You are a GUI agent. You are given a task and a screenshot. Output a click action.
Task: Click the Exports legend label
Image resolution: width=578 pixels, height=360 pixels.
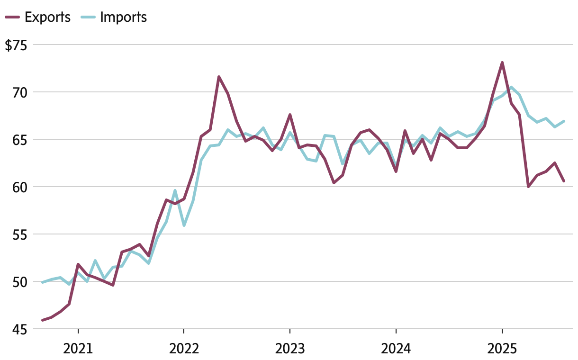pos(47,18)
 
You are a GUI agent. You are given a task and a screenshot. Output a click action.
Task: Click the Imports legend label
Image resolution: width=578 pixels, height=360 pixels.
pos(124,18)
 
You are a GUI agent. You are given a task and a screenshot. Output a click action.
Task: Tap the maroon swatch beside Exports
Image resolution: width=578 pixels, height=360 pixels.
pos(12,18)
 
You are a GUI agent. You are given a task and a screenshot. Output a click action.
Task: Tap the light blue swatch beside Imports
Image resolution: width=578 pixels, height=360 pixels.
pos(89,18)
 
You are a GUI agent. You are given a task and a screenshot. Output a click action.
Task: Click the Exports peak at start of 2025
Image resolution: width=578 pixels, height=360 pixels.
pos(502,63)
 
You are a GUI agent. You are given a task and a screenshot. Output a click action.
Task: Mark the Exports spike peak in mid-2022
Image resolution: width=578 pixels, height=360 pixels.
pos(219,77)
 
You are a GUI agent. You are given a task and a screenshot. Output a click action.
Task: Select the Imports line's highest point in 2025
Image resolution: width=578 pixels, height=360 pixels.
pos(511,87)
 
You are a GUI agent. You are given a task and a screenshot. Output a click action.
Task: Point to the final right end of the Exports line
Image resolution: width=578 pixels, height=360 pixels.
pos(564,181)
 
